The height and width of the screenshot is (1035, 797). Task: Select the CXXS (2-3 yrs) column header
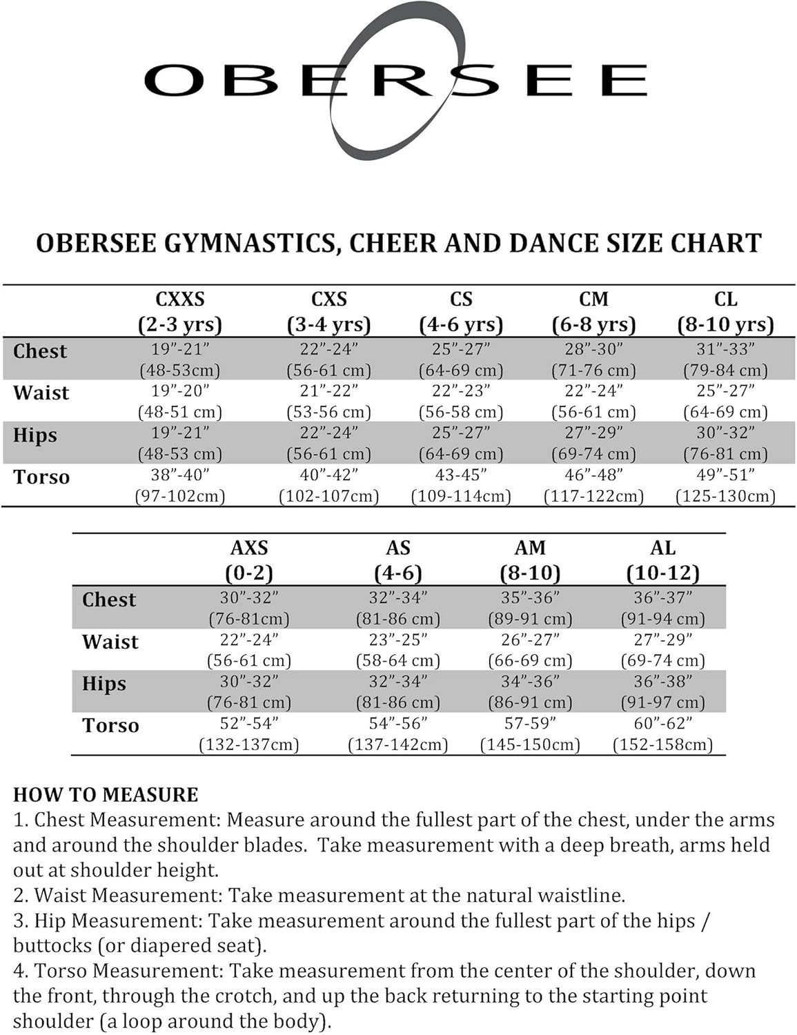click(180, 312)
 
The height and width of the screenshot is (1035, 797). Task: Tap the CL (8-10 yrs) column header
click(725, 312)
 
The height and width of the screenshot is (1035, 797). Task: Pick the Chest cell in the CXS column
click(329, 359)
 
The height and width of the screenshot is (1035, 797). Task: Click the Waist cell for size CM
click(593, 401)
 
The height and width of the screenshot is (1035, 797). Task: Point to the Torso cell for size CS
click(461, 485)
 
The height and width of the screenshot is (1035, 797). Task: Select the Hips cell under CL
click(725, 443)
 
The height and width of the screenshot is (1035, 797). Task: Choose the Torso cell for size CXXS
click(180, 485)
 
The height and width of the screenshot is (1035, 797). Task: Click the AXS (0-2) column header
click(249, 560)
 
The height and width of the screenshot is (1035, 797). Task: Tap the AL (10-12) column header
click(662, 560)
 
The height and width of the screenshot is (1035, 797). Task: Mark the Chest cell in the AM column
click(530, 608)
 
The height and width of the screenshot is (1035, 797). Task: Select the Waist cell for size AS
click(398, 650)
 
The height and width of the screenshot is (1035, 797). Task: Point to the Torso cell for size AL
click(662, 733)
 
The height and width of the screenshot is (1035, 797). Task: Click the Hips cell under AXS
click(249, 691)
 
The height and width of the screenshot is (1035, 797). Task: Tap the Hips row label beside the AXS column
click(104, 684)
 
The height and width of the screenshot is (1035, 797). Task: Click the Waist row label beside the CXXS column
click(41, 393)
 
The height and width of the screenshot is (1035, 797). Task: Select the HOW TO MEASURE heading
click(106, 795)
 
